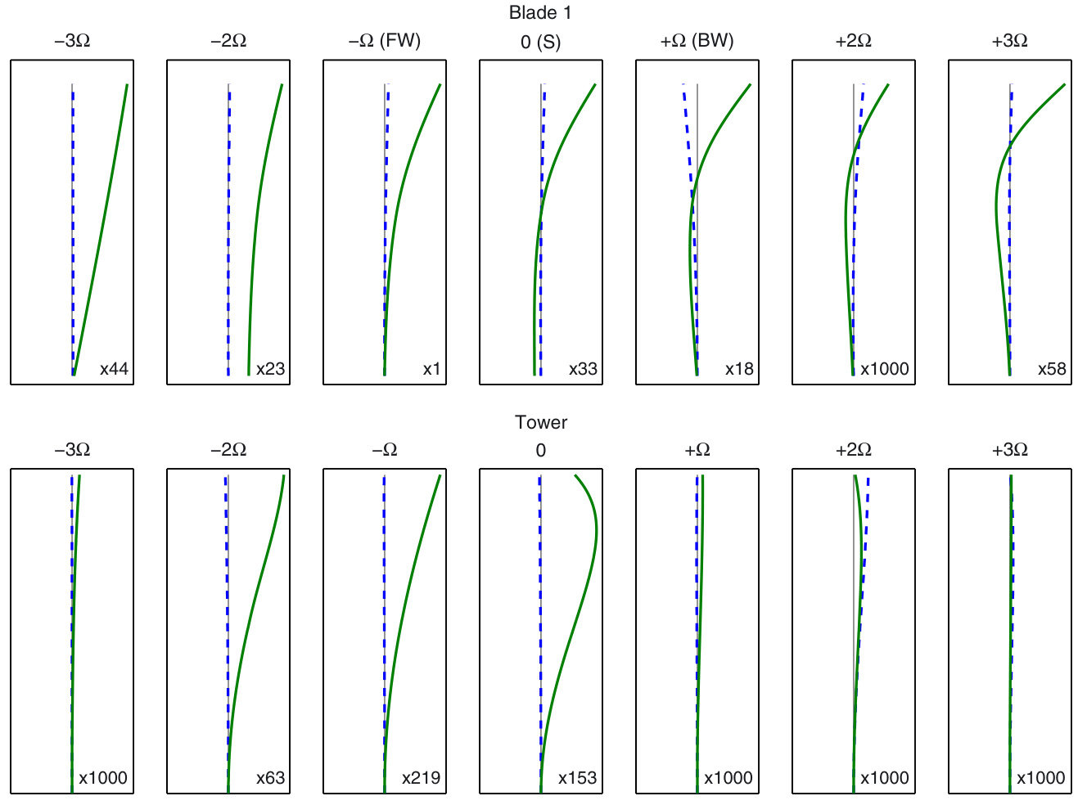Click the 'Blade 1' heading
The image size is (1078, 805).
click(x=540, y=13)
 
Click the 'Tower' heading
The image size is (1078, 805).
click(x=541, y=422)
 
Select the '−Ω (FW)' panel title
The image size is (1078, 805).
click(x=385, y=41)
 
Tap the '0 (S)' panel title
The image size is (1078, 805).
click(x=540, y=42)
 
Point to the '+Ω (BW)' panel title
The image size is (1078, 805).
click(x=697, y=41)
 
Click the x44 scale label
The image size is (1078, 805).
click(x=114, y=369)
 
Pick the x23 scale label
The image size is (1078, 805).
click(x=270, y=369)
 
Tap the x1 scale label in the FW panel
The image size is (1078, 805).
click(x=431, y=369)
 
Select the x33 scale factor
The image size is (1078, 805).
click(x=583, y=369)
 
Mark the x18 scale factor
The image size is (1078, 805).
click(x=739, y=369)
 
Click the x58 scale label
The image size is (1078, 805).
click(x=1052, y=369)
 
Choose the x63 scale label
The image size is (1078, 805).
click(x=270, y=778)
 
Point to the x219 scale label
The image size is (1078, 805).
click(x=421, y=778)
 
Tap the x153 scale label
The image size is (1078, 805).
click(x=577, y=778)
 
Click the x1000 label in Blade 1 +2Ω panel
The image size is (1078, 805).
click(x=884, y=369)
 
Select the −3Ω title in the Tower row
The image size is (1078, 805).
click(x=72, y=450)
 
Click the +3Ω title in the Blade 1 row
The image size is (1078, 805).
click(x=1009, y=41)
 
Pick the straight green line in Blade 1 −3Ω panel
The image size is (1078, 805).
click(x=100, y=229)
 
